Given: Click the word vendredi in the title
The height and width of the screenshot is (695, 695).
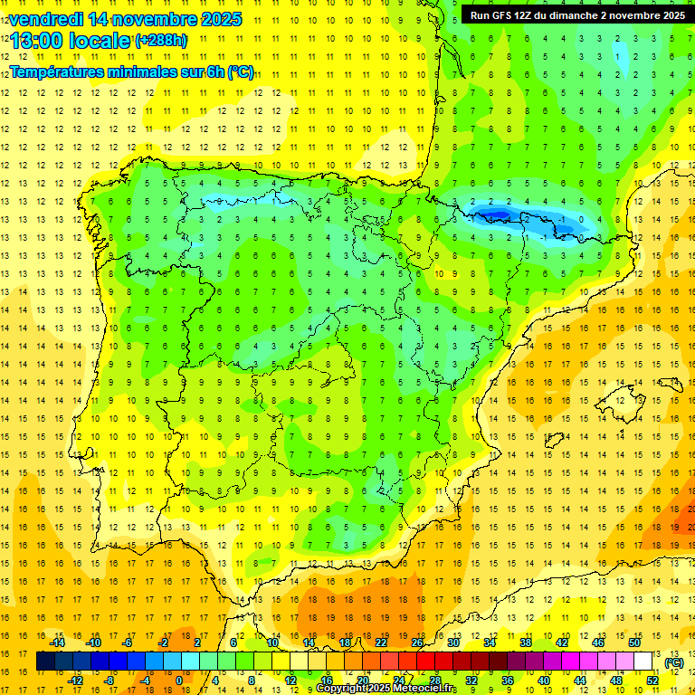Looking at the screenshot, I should [44, 19].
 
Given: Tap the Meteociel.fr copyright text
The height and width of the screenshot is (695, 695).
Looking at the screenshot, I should [386, 689].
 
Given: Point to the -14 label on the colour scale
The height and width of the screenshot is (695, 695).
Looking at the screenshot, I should [58, 643].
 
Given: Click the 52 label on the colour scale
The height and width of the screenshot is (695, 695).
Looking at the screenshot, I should [652, 681].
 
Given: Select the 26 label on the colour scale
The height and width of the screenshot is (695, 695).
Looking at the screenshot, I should [417, 643].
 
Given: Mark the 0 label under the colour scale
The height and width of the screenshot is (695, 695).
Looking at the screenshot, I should [178, 681].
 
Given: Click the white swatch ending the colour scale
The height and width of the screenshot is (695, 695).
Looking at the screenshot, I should [643, 662].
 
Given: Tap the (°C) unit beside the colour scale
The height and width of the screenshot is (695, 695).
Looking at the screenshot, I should [674, 662].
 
